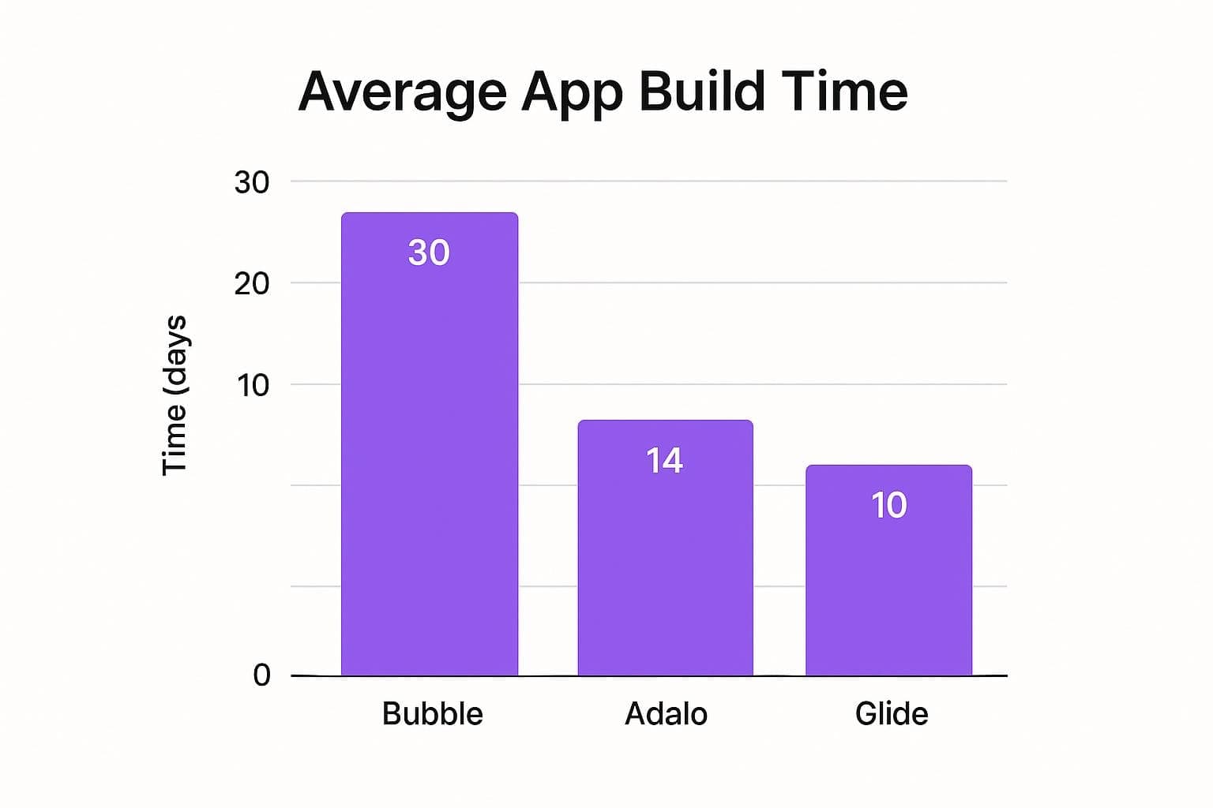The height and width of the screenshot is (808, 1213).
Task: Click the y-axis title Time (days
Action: click(x=175, y=395)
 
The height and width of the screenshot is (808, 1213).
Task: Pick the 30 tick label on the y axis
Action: click(x=252, y=183)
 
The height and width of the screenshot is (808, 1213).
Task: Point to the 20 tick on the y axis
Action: click(x=252, y=284)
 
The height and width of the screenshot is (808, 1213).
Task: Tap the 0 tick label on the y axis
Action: click(x=261, y=675)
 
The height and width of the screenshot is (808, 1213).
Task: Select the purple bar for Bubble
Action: click(x=430, y=473)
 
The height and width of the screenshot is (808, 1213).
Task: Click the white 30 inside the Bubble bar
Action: click(x=429, y=252)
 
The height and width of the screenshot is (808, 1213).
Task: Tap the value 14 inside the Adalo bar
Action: click(x=664, y=461)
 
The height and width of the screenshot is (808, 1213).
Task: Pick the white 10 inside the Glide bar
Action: click(x=888, y=505)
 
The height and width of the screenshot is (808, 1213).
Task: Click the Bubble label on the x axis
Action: click(x=432, y=714)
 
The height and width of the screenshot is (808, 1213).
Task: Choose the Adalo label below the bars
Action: click(x=666, y=714)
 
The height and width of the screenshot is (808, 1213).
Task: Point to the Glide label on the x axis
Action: click(x=892, y=714)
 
